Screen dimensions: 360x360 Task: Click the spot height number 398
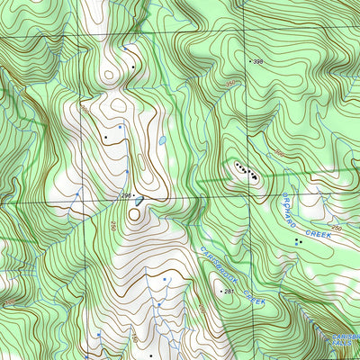[x=258, y=61]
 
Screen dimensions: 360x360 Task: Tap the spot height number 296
[x=126, y=195]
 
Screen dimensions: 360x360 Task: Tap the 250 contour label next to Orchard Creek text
[x=336, y=229]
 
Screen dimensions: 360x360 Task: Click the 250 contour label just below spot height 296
[x=113, y=225]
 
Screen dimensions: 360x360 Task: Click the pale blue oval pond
[x=162, y=141]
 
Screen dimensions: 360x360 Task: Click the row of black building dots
[x=246, y=171]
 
